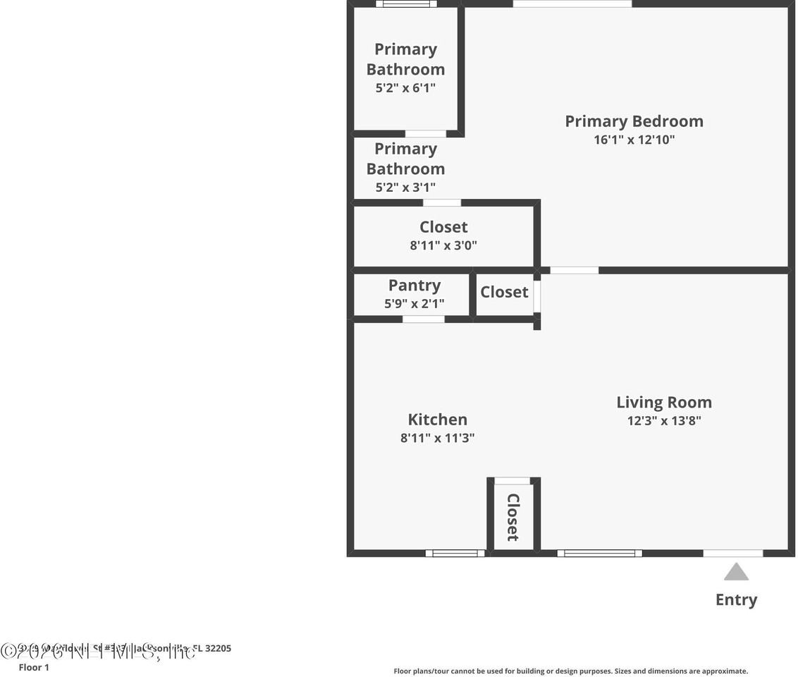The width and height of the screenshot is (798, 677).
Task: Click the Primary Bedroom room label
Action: (x=634, y=121)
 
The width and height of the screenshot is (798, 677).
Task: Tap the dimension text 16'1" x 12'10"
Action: (x=634, y=140)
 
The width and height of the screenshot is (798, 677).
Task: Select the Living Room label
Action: (x=664, y=403)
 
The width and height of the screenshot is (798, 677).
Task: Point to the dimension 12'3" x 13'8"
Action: (x=664, y=421)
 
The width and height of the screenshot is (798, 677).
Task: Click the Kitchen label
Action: (x=437, y=420)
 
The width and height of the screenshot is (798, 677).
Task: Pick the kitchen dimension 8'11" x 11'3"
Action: (x=437, y=438)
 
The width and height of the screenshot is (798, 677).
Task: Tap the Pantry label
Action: (x=415, y=286)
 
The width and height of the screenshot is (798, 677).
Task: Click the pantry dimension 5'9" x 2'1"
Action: (x=415, y=304)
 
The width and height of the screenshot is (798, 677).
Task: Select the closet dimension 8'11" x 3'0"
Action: (x=443, y=245)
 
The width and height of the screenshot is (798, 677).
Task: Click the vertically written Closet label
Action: (x=512, y=517)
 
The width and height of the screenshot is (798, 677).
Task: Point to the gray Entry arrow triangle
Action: (x=736, y=572)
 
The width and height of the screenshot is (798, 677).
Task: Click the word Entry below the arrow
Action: (x=736, y=600)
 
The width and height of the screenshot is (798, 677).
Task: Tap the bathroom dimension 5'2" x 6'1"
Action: (x=405, y=88)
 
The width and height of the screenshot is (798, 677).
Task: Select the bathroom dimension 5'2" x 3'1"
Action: (x=405, y=188)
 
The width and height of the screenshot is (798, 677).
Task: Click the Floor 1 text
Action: (x=34, y=667)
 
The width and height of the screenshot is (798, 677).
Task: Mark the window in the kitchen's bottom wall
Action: (x=455, y=553)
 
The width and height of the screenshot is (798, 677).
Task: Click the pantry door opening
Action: (x=423, y=319)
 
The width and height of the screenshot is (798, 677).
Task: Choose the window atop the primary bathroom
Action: (x=406, y=4)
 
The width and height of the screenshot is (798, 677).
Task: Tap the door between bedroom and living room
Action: (x=574, y=270)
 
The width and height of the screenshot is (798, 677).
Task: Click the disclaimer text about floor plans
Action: (x=570, y=671)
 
